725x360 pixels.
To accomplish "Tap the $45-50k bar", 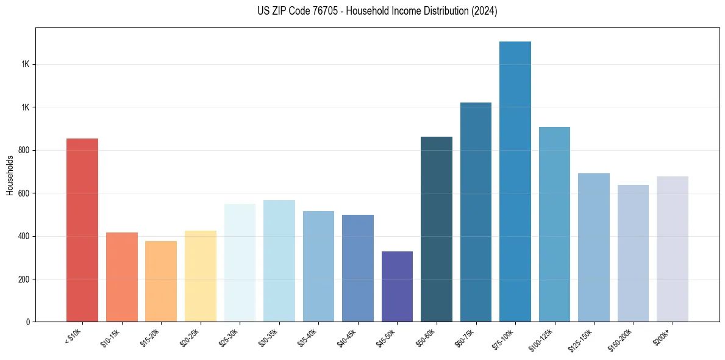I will [397, 287].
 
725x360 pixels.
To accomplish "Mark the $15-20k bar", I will [161, 281].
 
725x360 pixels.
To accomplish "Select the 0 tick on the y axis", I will [28, 322].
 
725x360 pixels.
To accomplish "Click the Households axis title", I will [10, 175].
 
